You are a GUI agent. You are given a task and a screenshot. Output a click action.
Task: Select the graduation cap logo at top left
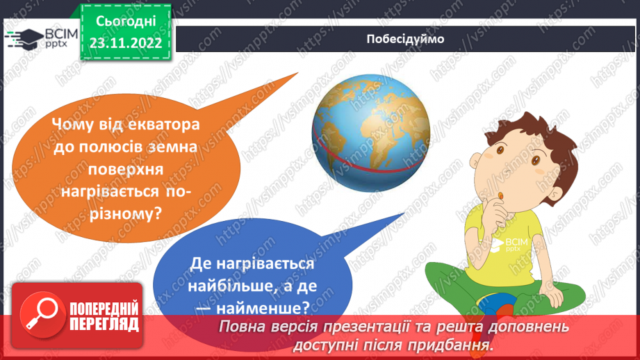[23, 38]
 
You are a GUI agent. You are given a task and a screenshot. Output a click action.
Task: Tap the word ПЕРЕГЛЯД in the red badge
[104, 325]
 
